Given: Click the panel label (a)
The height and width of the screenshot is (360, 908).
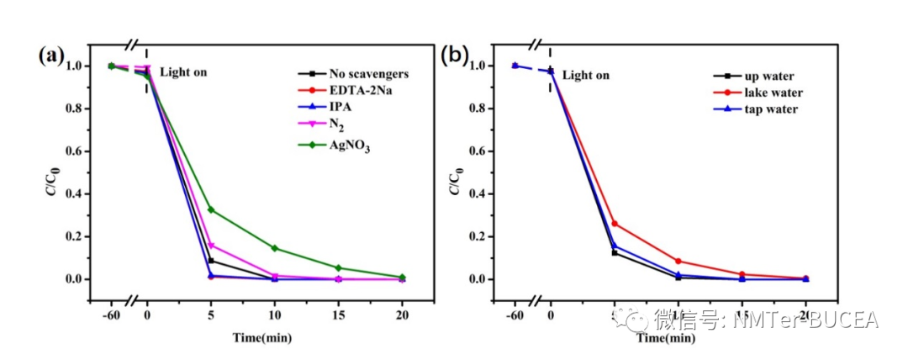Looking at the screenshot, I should (51, 56).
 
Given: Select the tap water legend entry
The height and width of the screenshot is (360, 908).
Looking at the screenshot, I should (765, 109).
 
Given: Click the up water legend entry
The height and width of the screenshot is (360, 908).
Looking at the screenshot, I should (764, 76).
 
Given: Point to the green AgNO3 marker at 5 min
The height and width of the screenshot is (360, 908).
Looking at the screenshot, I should (211, 209).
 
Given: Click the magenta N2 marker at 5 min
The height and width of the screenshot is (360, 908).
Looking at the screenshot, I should (211, 246).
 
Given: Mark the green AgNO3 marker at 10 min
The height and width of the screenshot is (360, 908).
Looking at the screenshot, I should (275, 248).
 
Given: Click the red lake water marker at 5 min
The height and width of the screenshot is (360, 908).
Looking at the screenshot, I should (615, 224).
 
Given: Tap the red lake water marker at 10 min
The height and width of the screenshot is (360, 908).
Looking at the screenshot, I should (678, 262).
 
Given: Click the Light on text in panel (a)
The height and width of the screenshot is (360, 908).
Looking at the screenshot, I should (183, 72).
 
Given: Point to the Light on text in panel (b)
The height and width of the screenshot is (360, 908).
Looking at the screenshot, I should (586, 76).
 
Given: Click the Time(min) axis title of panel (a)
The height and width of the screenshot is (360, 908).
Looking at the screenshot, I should (262, 338).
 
